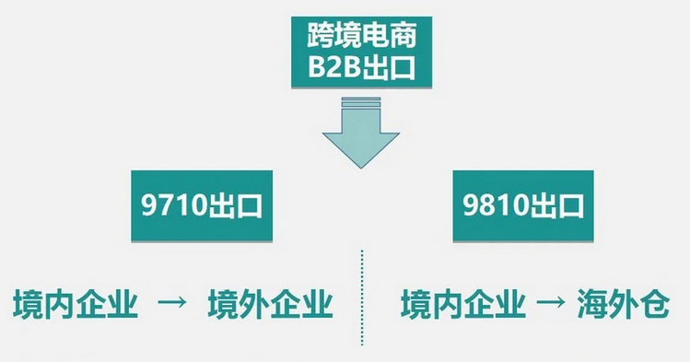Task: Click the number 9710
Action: [x=175, y=204]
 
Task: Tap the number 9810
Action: [x=497, y=204]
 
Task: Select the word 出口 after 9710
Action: [x=237, y=204]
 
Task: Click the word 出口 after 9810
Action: [x=558, y=204]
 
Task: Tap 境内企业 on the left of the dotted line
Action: [x=76, y=305]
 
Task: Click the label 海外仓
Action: [x=624, y=305]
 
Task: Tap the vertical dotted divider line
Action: [x=361, y=295]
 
